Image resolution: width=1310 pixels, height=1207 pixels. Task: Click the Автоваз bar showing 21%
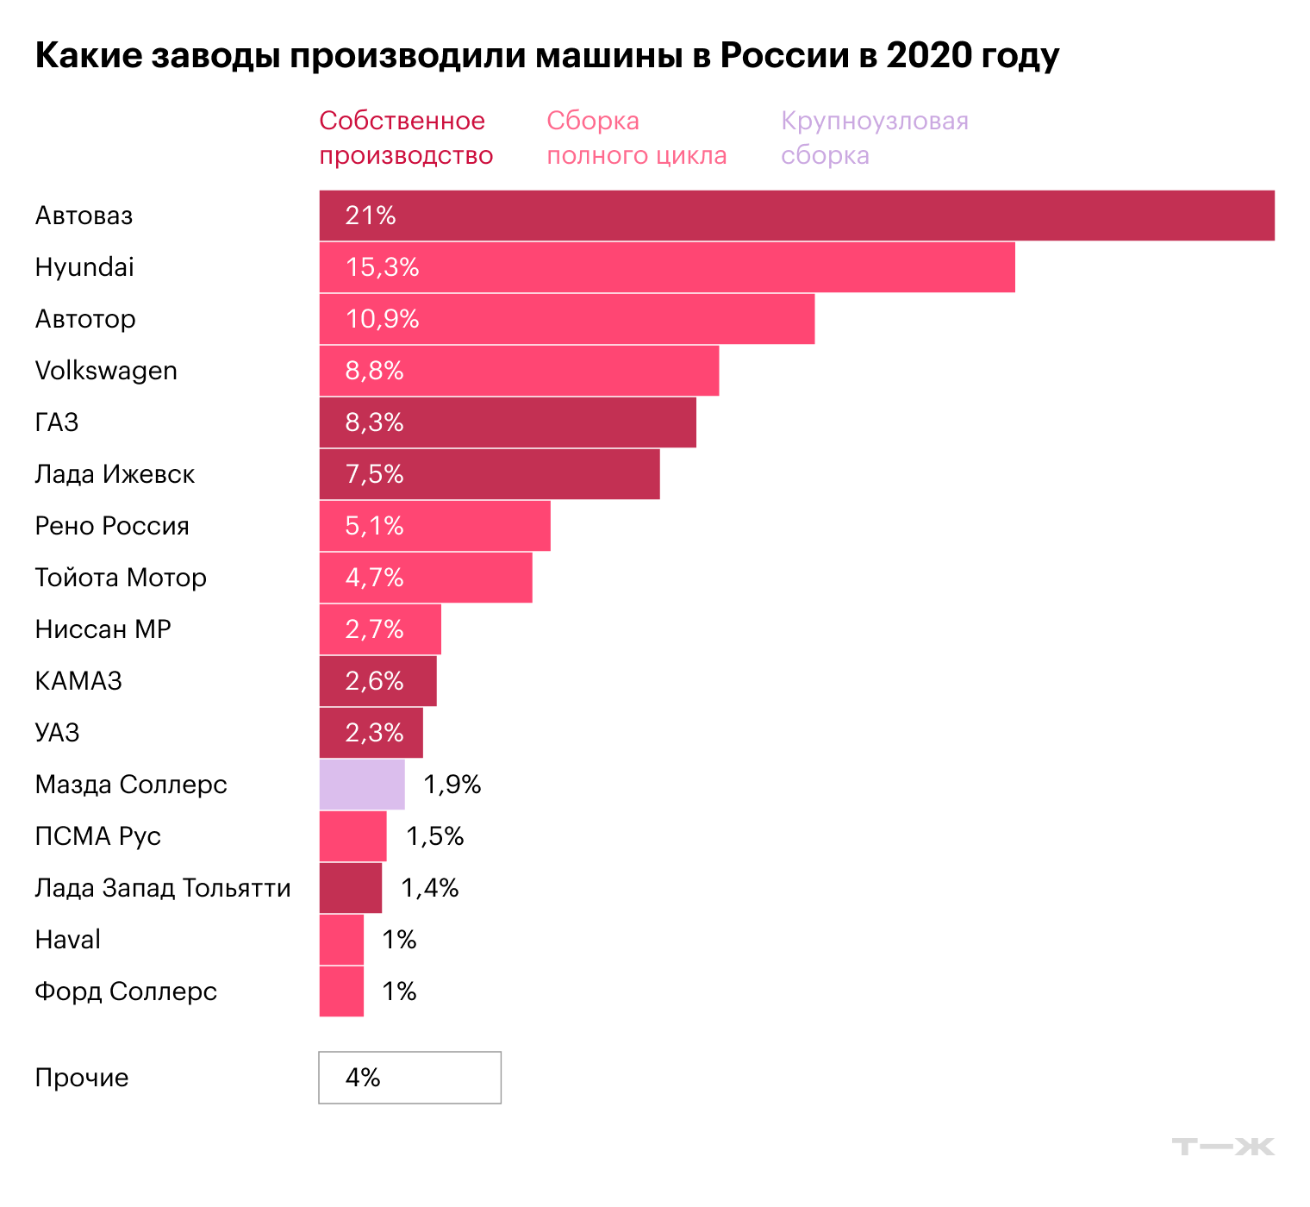click(x=796, y=216)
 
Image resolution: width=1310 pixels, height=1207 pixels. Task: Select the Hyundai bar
click(x=666, y=267)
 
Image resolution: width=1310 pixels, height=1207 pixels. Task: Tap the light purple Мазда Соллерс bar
click(x=362, y=785)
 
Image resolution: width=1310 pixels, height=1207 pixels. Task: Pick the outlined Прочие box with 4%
click(x=409, y=1078)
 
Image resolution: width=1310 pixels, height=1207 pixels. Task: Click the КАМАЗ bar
click(x=377, y=681)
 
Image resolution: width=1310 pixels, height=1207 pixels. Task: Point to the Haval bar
click(x=341, y=940)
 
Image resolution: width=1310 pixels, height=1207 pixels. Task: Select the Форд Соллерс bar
click(x=341, y=991)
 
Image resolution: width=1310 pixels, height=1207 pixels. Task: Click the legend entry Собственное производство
click(x=406, y=138)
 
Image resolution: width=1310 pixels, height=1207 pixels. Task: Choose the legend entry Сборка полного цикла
click(x=636, y=138)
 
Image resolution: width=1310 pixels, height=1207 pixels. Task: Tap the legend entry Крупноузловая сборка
click(x=874, y=138)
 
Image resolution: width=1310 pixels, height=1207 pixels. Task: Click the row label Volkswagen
click(x=106, y=371)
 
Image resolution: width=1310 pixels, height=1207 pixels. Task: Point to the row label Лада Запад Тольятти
click(x=163, y=888)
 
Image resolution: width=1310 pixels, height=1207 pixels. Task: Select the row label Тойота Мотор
click(x=121, y=578)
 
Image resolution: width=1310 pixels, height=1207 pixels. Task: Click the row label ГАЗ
click(x=57, y=422)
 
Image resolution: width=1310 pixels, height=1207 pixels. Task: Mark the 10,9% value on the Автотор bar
click(x=382, y=319)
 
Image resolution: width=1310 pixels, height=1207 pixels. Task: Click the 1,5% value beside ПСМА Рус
click(x=434, y=836)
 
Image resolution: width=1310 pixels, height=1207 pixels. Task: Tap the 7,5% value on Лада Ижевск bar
click(x=374, y=474)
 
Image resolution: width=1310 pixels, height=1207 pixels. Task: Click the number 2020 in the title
click(x=929, y=55)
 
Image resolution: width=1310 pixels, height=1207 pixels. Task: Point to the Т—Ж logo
click(x=1223, y=1147)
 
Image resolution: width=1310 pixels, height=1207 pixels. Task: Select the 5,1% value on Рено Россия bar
click(x=374, y=526)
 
